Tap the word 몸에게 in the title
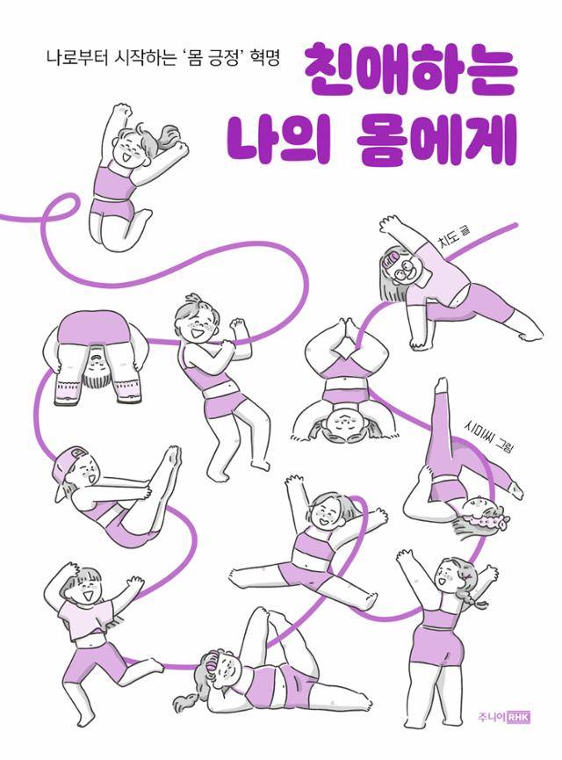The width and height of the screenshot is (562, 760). click(438, 141)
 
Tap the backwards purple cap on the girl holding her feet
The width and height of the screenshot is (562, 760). click(67, 465)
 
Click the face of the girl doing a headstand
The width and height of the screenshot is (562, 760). click(341, 427)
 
